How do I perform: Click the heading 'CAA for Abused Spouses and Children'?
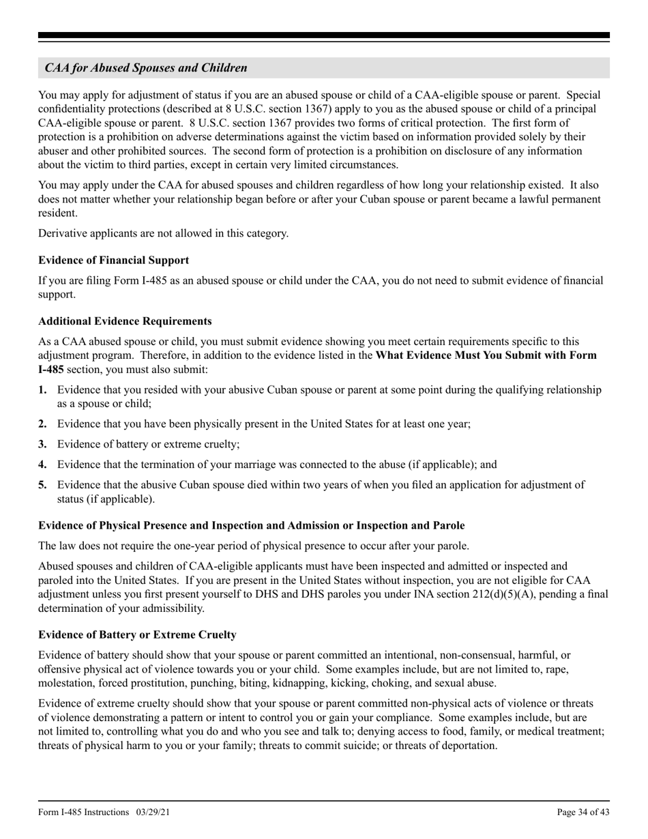(146, 68)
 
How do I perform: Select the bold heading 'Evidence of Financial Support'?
(114, 260)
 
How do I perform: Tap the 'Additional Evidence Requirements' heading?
(125, 321)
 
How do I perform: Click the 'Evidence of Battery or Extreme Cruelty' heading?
(137, 634)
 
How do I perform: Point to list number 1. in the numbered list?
(43, 390)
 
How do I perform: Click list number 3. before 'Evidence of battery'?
(43, 444)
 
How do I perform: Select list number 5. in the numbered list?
(43, 485)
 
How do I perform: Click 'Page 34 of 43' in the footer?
(583, 812)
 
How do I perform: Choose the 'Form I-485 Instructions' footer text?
(84, 812)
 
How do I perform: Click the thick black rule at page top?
(324, 35)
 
